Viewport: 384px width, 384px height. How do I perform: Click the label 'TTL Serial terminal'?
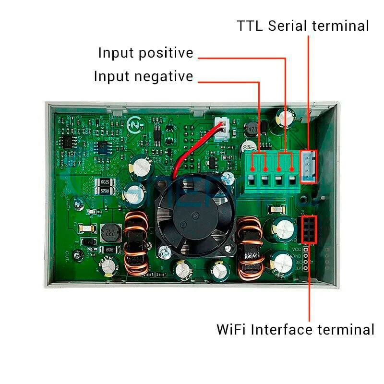point(303,25)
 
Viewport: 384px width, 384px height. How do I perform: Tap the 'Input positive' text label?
point(145,53)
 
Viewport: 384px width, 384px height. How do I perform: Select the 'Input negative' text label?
point(143,76)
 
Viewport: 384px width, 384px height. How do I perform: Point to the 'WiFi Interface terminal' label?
point(295,330)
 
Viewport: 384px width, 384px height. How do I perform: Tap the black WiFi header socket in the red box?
point(308,229)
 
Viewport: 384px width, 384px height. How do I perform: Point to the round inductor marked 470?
point(252,129)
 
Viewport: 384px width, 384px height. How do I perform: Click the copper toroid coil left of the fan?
point(137,245)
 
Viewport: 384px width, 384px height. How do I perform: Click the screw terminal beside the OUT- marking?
point(75,256)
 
